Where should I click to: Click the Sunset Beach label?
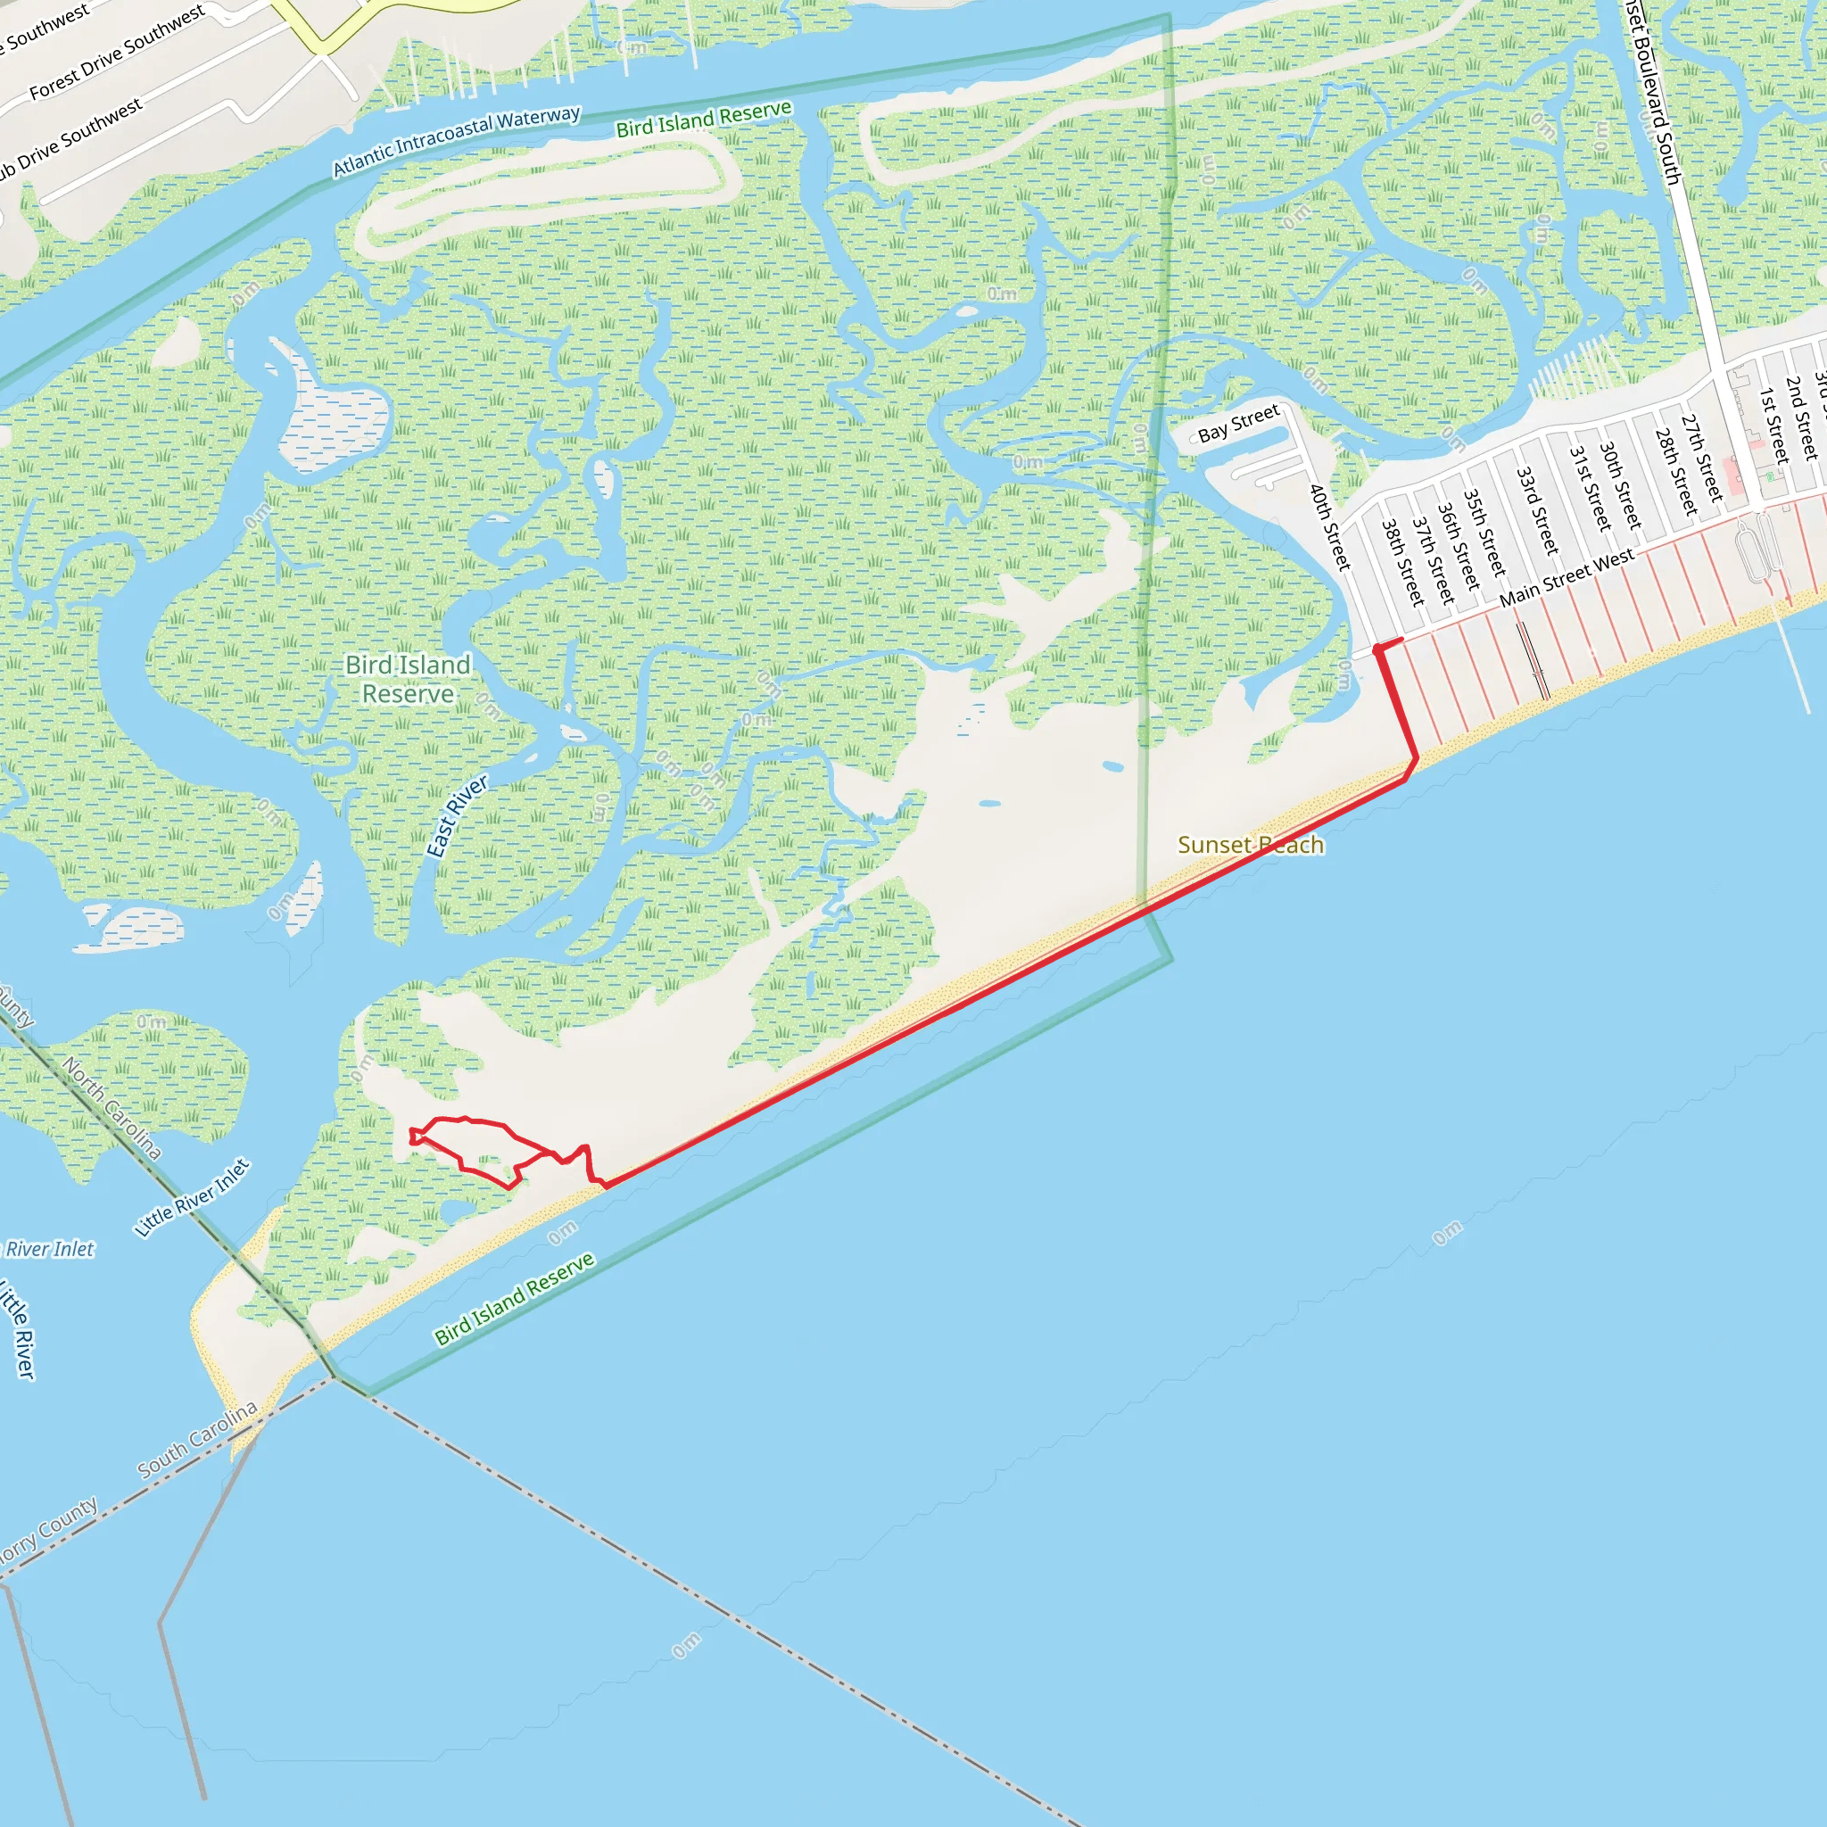pyautogui.click(x=1250, y=845)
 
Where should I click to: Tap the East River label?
pyautogui.click(x=458, y=815)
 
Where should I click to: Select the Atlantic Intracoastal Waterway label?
pyautogui.click(x=456, y=142)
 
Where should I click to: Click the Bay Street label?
pyautogui.click(x=1238, y=423)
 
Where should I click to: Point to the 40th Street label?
pyautogui.click(x=1329, y=526)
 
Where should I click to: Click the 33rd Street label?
pyautogui.click(x=1537, y=510)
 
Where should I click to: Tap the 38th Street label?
pyautogui.click(x=1402, y=563)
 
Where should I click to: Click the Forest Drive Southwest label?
pyautogui.click(x=116, y=52)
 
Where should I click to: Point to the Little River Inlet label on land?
pyautogui.click(x=193, y=1197)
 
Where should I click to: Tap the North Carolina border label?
pyautogui.click(x=112, y=1107)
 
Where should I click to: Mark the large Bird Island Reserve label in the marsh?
pyautogui.click(x=408, y=679)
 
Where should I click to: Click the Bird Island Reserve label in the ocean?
pyautogui.click(x=515, y=1297)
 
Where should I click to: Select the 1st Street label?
pyautogui.click(x=1773, y=425)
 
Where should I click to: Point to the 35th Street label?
pyautogui.click(x=1484, y=533)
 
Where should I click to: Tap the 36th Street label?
pyautogui.click(x=1459, y=546)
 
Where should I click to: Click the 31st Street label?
pyautogui.click(x=1590, y=488)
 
